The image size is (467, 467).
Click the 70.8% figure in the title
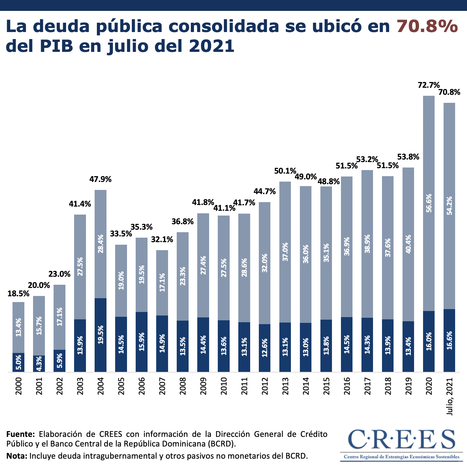pyautogui.click(x=427, y=26)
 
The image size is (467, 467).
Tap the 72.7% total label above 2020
pyautogui.click(x=429, y=85)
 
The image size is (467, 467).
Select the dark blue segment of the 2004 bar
pyautogui.click(x=100, y=335)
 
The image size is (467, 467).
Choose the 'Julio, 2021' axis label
pyautogui.click(x=450, y=397)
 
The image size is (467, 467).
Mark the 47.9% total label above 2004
pyautogui.click(x=100, y=179)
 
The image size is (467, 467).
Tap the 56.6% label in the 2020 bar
pyautogui.click(x=429, y=203)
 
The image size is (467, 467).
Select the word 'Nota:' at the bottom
pyautogui.click(x=17, y=456)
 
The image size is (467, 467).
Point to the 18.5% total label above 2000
pyautogui.click(x=18, y=293)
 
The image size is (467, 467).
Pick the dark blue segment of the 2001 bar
pyautogui.click(x=39, y=364)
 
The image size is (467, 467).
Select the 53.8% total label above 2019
pyautogui.click(x=408, y=157)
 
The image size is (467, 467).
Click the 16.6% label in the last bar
pyautogui.click(x=449, y=340)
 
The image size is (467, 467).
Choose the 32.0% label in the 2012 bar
pyautogui.click(x=265, y=263)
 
